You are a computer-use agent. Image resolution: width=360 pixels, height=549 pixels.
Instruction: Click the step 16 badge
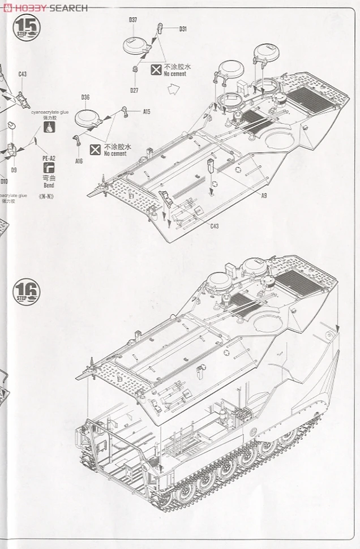click(x=27, y=293)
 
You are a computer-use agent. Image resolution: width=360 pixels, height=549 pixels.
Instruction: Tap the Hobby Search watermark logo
click(x=45, y=7)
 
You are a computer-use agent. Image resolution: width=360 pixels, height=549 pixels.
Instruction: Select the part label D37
click(x=134, y=20)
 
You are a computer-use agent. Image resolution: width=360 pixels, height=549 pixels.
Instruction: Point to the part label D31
click(x=182, y=29)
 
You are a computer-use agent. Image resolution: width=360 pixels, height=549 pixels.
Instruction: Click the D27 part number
click(x=134, y=91)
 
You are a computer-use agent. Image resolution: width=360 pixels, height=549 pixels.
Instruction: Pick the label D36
click(x=85, y=97)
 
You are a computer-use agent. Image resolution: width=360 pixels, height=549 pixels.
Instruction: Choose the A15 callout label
click(x=146, y=112)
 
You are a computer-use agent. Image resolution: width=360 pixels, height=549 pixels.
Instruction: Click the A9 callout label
click(x=264, y=196)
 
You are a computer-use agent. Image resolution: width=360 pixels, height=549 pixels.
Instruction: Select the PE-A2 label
click(x=48, y=158)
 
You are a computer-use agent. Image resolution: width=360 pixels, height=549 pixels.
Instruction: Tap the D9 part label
click(x=14, y=169)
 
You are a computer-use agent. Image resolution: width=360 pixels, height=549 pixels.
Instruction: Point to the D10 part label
click(x=4, y=181)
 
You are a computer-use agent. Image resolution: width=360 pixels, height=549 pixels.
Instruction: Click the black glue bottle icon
click(x=50, y=128)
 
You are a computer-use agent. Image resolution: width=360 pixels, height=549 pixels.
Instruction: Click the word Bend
click(x=49, y=185)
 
